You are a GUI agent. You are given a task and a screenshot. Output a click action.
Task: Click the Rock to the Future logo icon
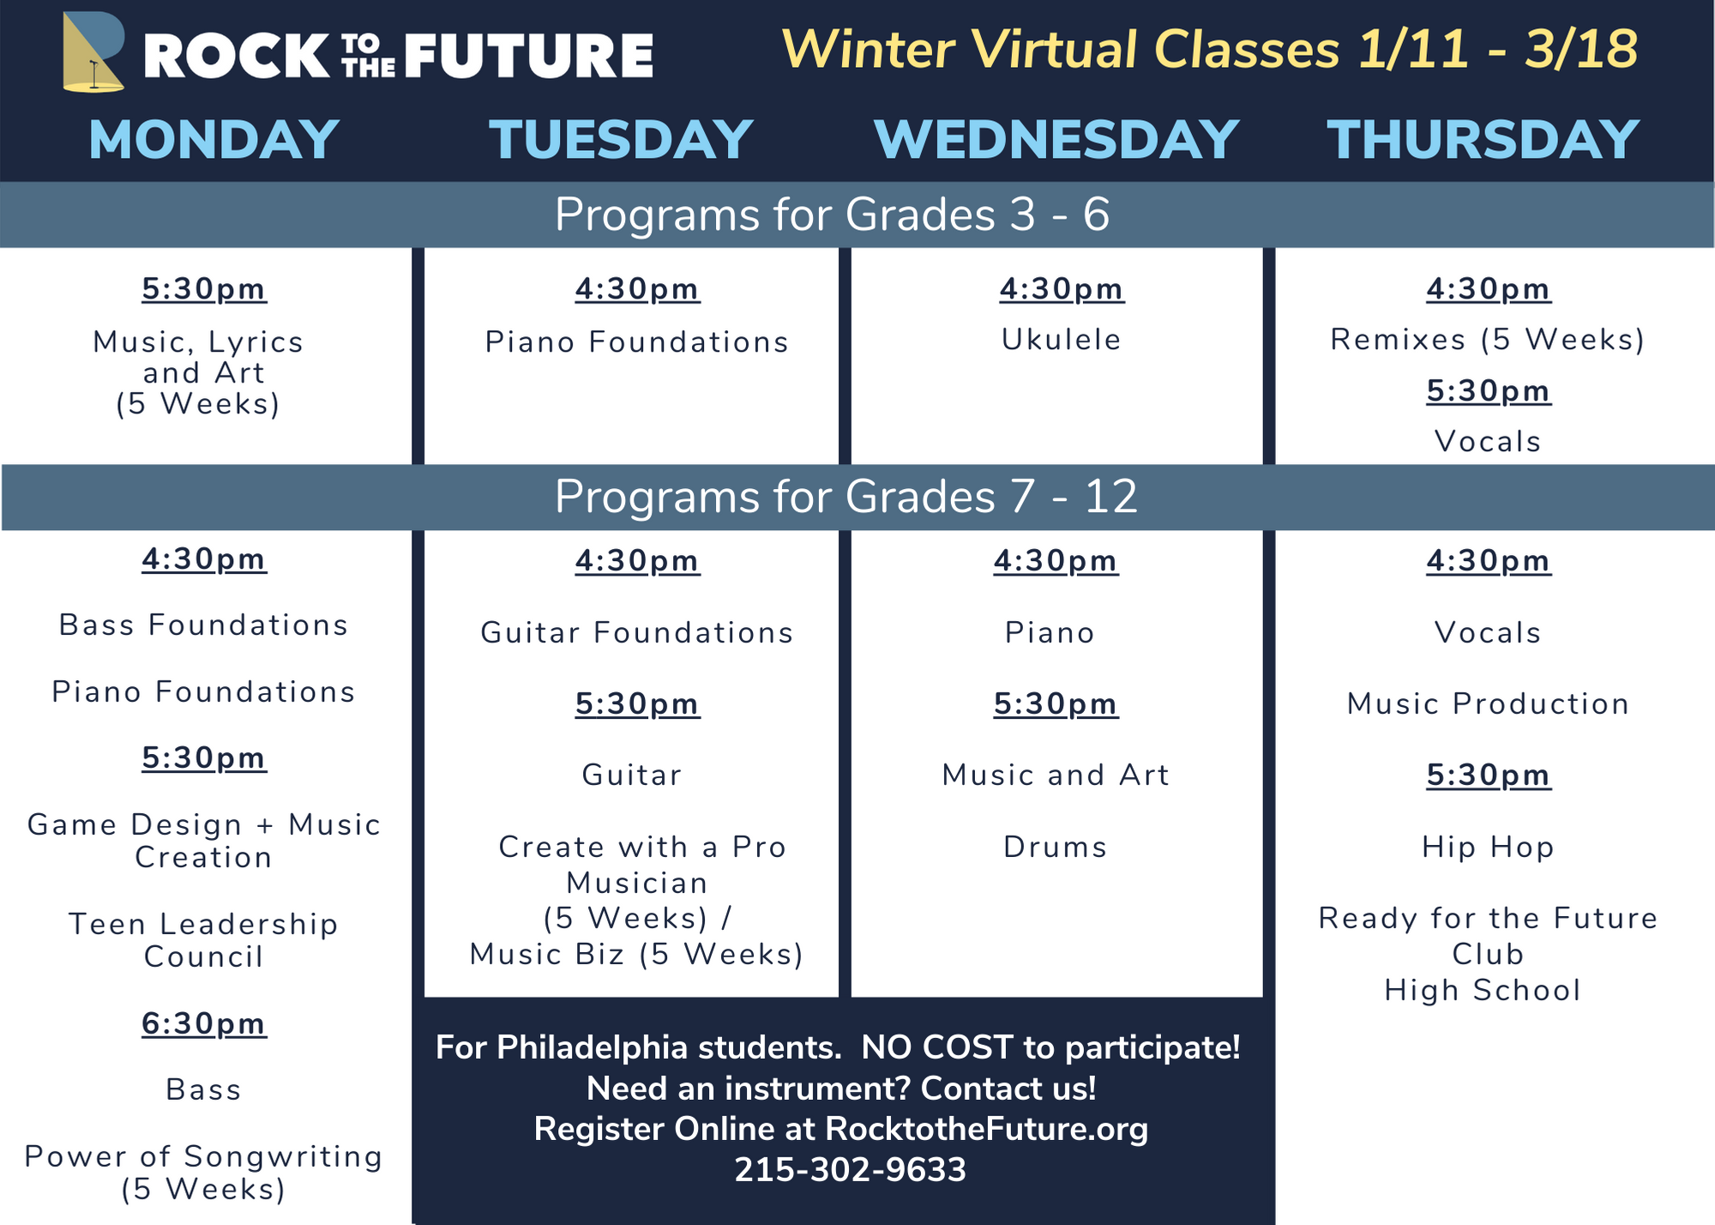point(93,51)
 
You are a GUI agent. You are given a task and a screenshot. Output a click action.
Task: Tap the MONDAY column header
point(214,139)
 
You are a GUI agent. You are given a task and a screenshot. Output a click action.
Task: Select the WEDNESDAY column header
point(1056,139)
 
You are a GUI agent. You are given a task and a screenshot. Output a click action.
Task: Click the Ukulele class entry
point(1062,340)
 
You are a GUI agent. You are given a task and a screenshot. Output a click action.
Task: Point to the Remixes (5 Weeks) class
point(1488,340)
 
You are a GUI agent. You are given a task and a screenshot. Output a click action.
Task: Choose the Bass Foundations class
point(204,625)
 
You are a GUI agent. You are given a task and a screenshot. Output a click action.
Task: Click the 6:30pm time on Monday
point(204,1023)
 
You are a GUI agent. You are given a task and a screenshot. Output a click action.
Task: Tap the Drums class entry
point(1056,847)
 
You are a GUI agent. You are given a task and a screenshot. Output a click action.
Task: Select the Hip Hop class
point(1488,848)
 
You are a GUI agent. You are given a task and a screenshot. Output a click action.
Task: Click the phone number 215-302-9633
point(851,1169)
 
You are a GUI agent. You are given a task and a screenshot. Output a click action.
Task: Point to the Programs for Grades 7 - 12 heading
point(846,496)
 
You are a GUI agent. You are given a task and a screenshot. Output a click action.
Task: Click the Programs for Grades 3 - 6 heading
point(832,214)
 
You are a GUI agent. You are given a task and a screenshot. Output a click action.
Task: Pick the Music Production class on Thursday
point(1488,703)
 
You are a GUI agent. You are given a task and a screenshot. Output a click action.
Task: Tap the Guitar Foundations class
point(637,632)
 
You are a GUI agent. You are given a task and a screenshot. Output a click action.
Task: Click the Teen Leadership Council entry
point(203,940)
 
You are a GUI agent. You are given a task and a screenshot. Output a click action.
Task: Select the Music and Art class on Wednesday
point(1056,775)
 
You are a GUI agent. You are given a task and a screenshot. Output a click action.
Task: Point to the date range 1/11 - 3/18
point(1498,49)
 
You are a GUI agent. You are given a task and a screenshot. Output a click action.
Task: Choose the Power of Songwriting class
point(203,1173)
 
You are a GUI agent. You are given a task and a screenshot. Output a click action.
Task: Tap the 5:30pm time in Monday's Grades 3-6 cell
point(204,289)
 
